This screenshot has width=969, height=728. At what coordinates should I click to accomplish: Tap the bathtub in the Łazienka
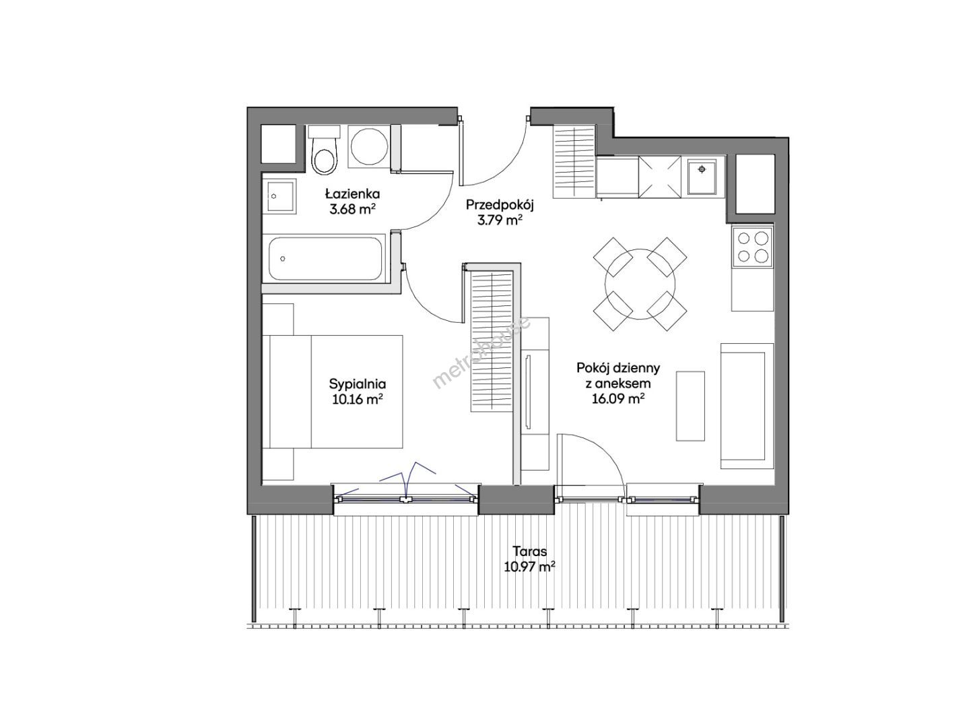(325, 259)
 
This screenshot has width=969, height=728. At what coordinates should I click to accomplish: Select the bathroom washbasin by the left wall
(279, 197)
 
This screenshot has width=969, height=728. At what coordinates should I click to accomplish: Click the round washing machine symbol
(370, 147)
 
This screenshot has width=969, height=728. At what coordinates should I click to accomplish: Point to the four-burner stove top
(752, 247)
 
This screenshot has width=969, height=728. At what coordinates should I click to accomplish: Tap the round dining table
(640, 284)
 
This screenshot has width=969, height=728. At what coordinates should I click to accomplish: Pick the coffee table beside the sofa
(690, 406)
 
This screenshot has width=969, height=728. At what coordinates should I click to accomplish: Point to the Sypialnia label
(358, 384)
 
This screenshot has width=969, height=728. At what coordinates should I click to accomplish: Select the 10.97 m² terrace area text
(530, 567)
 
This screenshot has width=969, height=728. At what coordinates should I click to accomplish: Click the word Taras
(530, 551)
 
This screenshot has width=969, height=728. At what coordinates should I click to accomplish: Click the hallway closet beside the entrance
(574, 162)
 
